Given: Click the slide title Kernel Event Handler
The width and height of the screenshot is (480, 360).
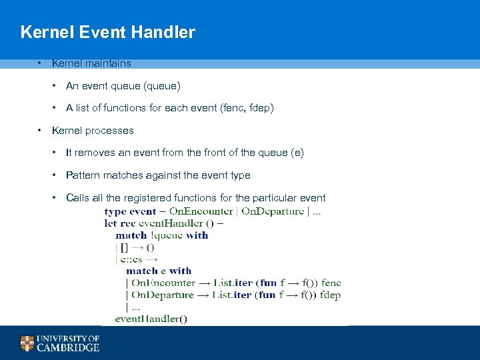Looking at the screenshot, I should tap(107, 32).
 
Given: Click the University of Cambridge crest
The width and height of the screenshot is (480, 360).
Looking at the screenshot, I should tap(27, 343).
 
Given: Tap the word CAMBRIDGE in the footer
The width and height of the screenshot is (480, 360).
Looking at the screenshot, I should tap(68, 347).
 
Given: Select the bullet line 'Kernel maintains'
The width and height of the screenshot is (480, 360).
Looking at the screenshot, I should tap(91, 63).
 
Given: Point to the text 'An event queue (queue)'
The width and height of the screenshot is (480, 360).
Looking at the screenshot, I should tap(123, 86).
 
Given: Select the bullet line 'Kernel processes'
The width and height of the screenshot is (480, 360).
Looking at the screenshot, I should tap(93, 131).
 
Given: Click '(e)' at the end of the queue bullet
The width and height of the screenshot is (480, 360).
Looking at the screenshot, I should tap(297, 153).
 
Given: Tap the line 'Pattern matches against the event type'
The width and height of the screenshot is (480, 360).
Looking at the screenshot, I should tap(158, 175).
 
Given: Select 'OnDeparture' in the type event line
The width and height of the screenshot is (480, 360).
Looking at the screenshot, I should tap(272, 211).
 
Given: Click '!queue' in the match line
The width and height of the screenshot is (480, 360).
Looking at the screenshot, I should tap(167, 235).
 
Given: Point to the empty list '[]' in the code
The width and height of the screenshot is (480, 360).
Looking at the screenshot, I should tap(125, 247).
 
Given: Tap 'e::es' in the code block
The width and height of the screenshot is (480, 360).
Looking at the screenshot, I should tap(131, 259).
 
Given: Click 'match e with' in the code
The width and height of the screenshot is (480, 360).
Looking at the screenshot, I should tap(159, 271).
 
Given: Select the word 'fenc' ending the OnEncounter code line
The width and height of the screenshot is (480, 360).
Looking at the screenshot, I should tap(331, 283).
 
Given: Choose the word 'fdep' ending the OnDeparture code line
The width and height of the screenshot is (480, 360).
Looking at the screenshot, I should tap(330, 295).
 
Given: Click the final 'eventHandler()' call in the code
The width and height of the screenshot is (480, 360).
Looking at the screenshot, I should tap(151, 319).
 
